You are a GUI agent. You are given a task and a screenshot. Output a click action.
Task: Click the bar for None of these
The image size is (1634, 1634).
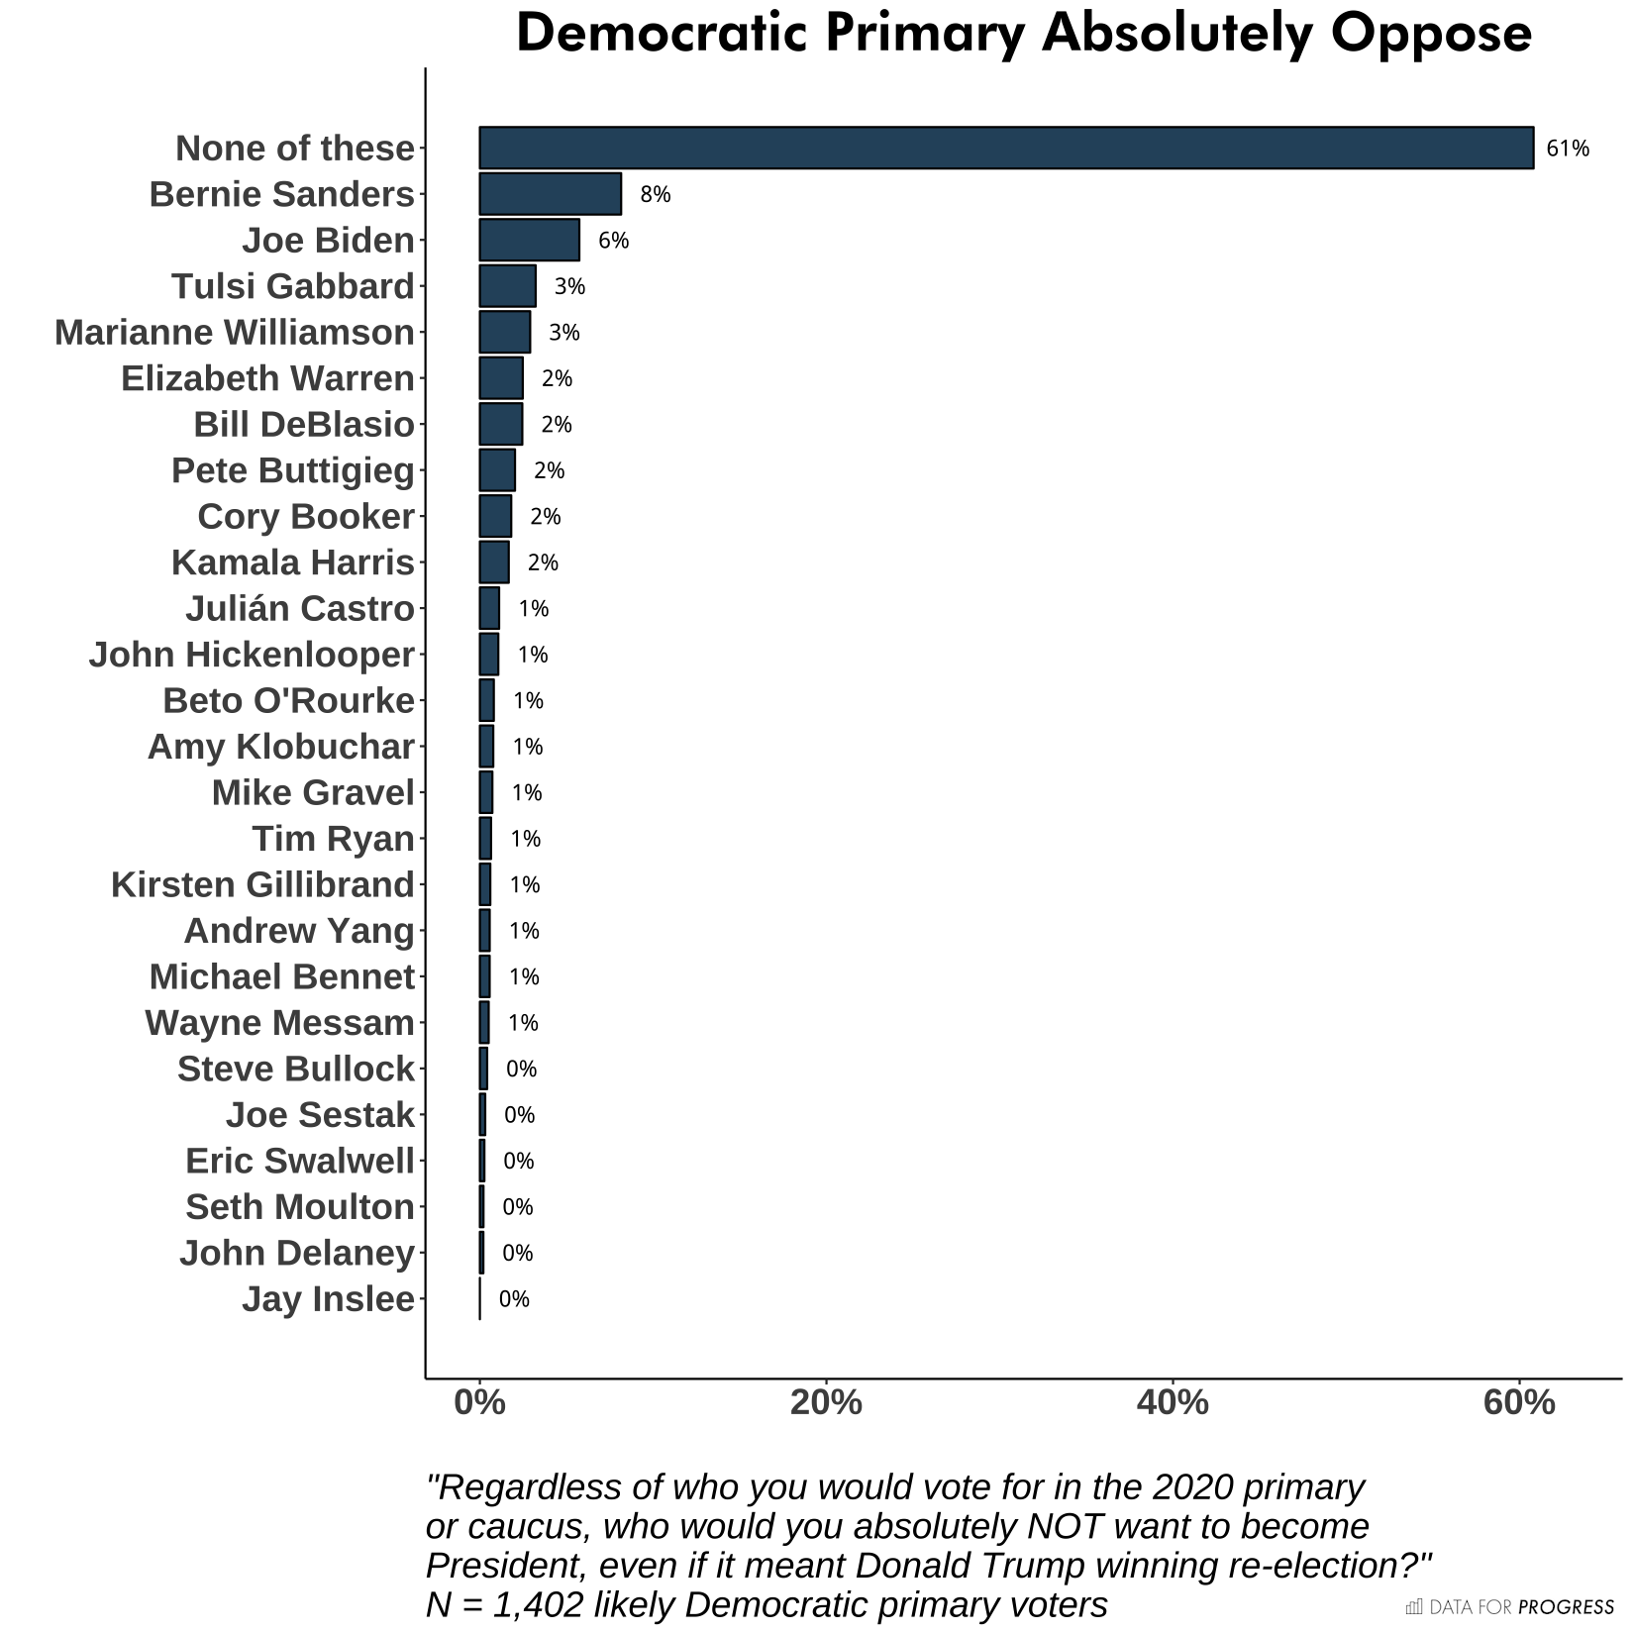[x=1005, y=149]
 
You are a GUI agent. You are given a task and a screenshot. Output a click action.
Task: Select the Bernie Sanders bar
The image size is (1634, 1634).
[x=550, y=194]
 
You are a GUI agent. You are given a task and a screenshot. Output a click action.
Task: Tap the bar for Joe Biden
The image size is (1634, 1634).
[x=529, y=241]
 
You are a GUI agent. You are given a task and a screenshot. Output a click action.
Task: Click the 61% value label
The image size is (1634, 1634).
[x=1568, y=149]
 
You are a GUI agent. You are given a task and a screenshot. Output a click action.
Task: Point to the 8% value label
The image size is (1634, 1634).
[x=655, y=194]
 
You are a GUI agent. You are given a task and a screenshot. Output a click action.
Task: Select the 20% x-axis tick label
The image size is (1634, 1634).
[x=826, y=1402]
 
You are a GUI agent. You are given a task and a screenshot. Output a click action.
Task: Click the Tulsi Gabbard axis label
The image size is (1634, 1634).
[x=292, y=286]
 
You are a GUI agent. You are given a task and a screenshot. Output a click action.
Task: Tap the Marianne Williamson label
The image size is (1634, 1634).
[x=235, y=333]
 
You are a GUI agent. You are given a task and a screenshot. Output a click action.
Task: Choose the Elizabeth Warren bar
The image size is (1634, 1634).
[x=501, y=378]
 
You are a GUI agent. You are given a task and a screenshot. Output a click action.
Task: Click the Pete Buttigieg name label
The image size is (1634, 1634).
[x=292, y=470]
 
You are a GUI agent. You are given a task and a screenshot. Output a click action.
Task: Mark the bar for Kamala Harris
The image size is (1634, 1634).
[x=494, y=562]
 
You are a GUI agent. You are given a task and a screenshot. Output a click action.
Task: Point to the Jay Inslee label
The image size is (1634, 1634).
[x=328, y=1298]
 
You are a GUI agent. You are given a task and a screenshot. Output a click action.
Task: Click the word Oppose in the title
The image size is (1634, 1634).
[x=1431, y=34]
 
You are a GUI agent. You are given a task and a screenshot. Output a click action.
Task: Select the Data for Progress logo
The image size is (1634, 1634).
[x=1509, y=1606]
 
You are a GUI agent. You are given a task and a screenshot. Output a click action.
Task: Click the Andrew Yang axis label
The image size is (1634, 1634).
[x=299, y=931]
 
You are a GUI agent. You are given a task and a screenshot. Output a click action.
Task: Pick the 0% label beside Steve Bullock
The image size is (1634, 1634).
[x=521, y=1069]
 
